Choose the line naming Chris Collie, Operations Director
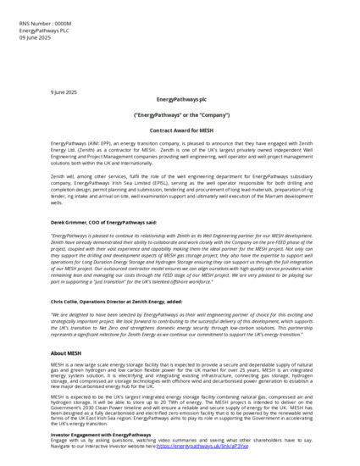click(103, 301)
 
